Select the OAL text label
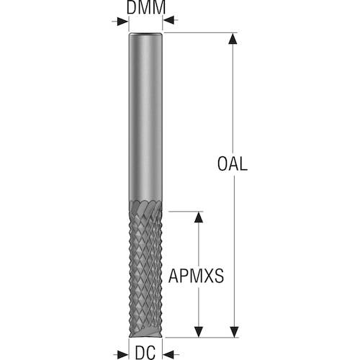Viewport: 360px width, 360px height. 232,164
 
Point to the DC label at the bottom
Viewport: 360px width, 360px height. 146,352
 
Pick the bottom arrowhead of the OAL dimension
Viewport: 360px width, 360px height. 232,330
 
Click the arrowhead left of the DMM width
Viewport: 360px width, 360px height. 122,22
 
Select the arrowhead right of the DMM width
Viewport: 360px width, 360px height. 169,22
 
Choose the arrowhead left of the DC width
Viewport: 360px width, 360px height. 122,352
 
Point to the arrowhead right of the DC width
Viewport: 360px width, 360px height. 169,352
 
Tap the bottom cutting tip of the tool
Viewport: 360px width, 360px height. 145,333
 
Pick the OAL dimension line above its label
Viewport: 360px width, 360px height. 232,94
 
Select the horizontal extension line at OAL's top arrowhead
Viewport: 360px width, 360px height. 202,33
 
